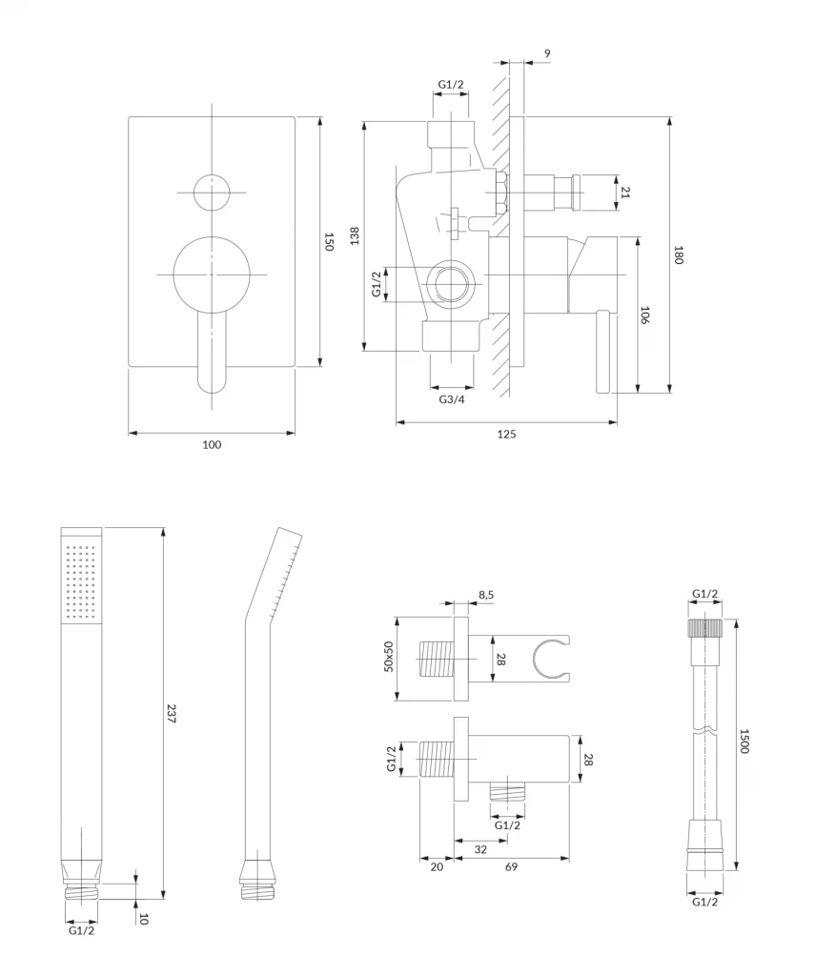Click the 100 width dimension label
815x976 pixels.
coord(212,444)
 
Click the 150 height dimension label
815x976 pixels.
coord(330,241)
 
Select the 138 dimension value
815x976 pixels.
coord(355,235)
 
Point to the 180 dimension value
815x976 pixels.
coord(680,255)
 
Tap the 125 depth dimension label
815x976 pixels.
coord(506,435)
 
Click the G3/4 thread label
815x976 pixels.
coord(452,399)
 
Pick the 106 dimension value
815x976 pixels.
coord(645,315)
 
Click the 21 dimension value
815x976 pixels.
coord(625,192)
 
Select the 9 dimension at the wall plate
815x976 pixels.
coord(547,53)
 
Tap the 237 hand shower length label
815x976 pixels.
coord(173,715)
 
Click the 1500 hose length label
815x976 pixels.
coord(744,742)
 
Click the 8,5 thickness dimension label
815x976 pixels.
coord(485,595)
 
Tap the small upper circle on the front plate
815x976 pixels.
coord(212,193)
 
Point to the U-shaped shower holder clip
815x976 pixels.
coord(551,659)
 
